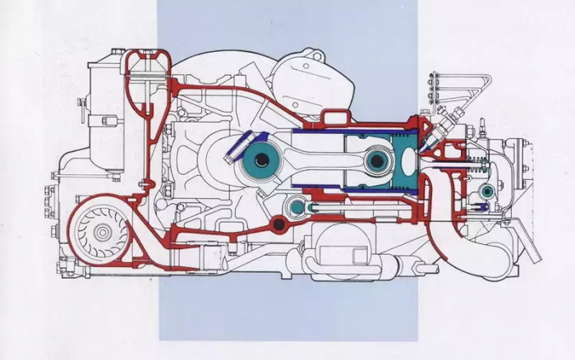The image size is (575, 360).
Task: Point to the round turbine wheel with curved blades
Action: click(x=103, y=233)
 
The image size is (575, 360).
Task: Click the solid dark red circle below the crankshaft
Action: click(x=280, y=224)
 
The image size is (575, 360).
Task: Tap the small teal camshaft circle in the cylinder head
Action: click(x=487, y=191)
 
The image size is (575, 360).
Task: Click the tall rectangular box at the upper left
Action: click(x=102, y=115)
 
